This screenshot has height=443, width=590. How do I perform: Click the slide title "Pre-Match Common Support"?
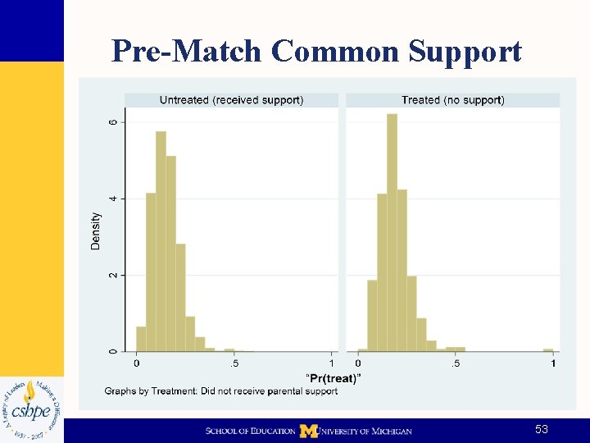click(x=316, y=51)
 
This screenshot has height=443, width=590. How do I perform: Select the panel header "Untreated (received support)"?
click(x=231, y=100)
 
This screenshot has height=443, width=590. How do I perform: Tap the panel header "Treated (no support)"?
click(x=452, y=100)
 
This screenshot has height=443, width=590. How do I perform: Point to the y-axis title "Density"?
click(x=96, y=231)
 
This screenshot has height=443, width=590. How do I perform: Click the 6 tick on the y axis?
click(x=113, y=122)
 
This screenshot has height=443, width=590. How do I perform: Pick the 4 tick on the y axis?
click(x=113, y=199)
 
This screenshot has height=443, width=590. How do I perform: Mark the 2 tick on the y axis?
click(x=113, y=275)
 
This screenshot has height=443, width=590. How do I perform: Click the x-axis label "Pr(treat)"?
click(x=334, y=378)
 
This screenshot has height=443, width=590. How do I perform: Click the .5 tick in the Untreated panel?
click(x=234, y=363)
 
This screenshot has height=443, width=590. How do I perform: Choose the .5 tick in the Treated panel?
click(x=456, y=363)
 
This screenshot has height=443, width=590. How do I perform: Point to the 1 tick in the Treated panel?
click(x=554, y=363)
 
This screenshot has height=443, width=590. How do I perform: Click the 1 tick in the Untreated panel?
click(x=332, y=363)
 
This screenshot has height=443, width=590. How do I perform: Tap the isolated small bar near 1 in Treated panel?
click(x=548, y=350)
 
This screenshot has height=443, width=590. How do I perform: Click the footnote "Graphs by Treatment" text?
click(x=220, y=391)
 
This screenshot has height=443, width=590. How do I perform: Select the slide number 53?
click(x=541, y=430)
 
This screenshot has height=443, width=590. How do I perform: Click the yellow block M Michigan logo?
click(x=308, y=431)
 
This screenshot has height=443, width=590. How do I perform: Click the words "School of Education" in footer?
click(x=250, y=431)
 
